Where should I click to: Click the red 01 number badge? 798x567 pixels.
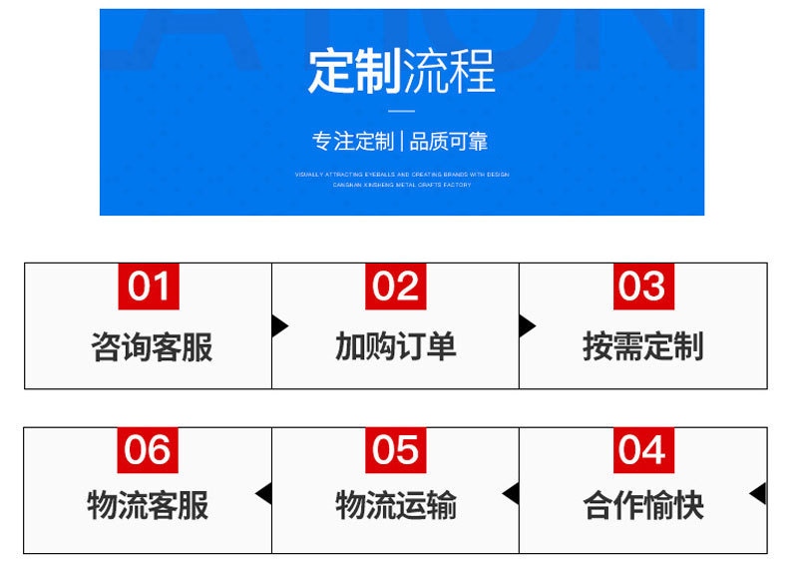149,286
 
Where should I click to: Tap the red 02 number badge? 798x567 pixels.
396,286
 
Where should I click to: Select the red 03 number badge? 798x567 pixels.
643,286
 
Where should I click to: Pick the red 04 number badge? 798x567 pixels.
643,450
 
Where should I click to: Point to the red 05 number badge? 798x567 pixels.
396,450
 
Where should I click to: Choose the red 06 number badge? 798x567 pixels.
149,450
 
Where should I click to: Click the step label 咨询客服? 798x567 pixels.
152,346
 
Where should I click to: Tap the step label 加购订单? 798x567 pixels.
396,346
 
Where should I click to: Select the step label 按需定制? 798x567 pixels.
643,346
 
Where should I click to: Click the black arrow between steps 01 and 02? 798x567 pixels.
279,325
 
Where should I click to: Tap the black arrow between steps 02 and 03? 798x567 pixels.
527,325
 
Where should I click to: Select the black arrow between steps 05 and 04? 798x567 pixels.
511,493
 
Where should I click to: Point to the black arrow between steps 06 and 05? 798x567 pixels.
264,493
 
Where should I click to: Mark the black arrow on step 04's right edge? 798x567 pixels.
758,493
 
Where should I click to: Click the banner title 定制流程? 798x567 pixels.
401,72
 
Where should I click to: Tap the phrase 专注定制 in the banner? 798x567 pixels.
353,141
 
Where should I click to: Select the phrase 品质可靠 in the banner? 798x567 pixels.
449,141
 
